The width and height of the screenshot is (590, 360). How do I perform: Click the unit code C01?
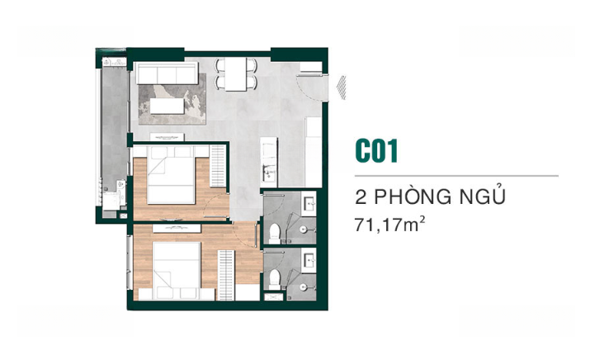[x=376, y=151]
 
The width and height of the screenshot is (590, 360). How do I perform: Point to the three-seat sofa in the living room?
[x=167, y=73]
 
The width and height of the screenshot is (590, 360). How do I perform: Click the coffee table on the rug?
[x=167, y=107]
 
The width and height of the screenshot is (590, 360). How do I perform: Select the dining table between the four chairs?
[x=235, y=74]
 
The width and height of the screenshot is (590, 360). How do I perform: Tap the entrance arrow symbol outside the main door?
[x=342, y=88]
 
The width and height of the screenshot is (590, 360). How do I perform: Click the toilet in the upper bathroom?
[x=274, y=234]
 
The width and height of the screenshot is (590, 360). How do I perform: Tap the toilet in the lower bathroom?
[x=275, y=279]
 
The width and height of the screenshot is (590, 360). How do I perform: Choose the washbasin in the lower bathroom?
[x=309, y=261]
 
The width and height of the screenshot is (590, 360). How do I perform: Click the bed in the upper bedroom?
[x=171, y=175]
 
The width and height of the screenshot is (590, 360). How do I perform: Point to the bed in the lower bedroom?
[x=176, y=270]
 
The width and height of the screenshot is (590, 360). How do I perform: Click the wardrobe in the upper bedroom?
[x=218, y=166]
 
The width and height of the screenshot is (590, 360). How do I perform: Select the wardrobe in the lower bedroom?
[x=226, y=275]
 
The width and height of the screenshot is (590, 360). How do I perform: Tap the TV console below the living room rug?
[x=167, y=137]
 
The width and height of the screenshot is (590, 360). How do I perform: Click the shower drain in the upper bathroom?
[x=304, y=229]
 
